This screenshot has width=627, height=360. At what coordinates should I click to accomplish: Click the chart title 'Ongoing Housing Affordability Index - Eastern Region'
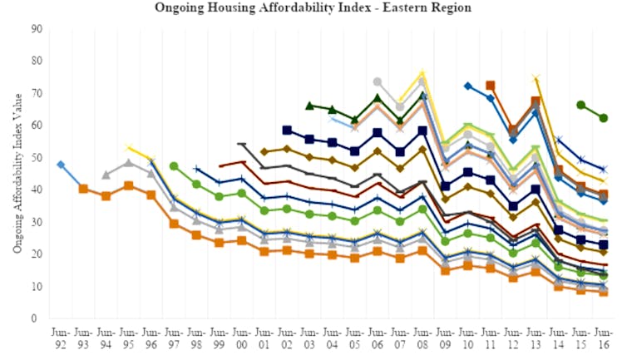(313, 7)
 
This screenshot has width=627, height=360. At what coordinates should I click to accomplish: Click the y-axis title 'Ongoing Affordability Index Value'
(17, 173)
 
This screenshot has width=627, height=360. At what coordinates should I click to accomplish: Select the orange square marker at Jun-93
(83, 189)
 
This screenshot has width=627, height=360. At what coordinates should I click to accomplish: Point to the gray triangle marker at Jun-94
(106, 175)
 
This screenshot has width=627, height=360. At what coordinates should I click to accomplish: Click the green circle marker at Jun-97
(174, 166)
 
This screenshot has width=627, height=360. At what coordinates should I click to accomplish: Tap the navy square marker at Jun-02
(287, 131)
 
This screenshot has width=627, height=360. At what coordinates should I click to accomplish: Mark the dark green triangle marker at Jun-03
(309, 106)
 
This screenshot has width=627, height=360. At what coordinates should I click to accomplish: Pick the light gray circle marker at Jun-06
(378, 81)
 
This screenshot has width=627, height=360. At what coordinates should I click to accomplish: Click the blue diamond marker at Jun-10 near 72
(467, 86)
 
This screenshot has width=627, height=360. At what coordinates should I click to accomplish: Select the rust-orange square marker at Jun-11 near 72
(491, 86)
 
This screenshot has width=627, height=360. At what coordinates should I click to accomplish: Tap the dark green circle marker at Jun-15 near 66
(580, 105)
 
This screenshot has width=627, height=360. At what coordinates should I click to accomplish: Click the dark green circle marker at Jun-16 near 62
(603, 118)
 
